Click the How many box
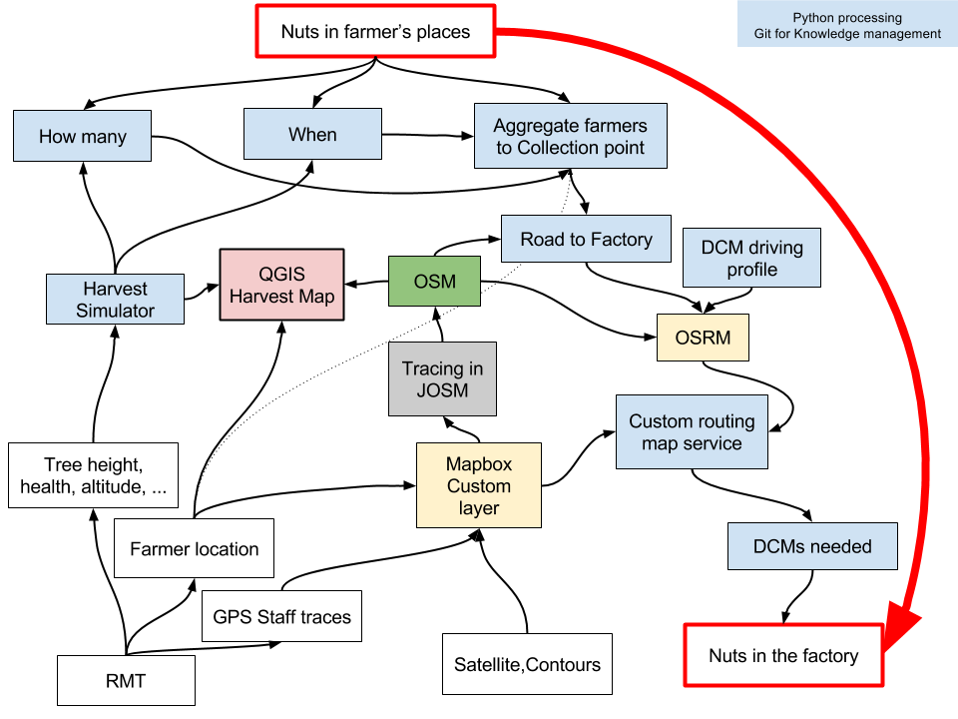pos(82,136)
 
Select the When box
pos(312,134)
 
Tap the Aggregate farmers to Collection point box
pos(571,136)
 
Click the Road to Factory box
pos(586,239)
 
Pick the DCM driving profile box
pos(751,258)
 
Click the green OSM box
pos(434,282)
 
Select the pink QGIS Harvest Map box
pos(281,285)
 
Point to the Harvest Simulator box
pos(115,299)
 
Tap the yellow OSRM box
pos(703,338)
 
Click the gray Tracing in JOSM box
pos(442,378)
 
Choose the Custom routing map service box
pos(692,431)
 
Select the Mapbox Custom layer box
pos(478,485)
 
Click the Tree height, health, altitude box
pos(93,475)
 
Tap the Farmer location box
pos(194,548)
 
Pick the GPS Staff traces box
pos(281,616)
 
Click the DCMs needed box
pos(812,546)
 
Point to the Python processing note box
pos(847,25)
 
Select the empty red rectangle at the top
pos(375,31)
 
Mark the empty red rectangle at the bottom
pos(783,655)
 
